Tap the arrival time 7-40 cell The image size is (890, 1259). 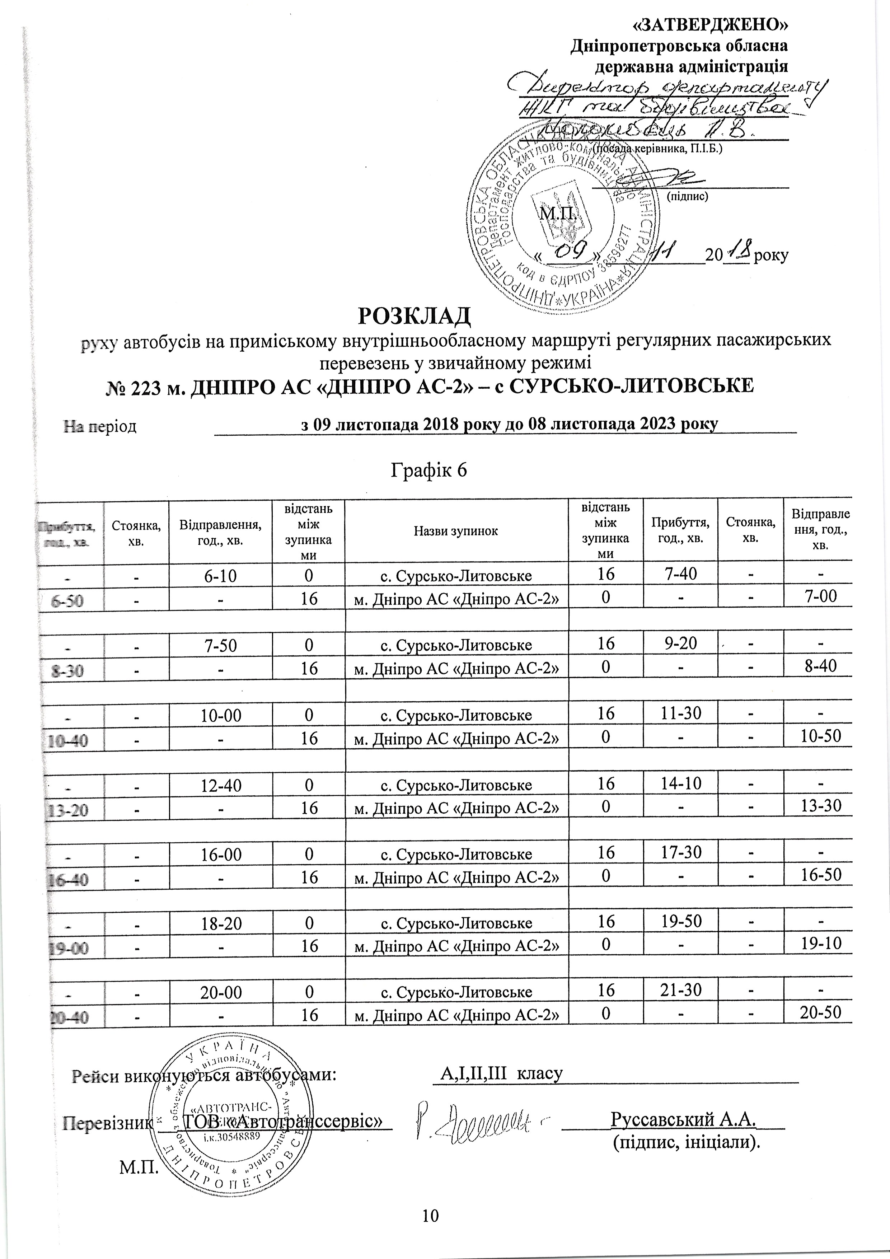[x=680, y=574]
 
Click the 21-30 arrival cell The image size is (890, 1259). [x=680, y=990]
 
